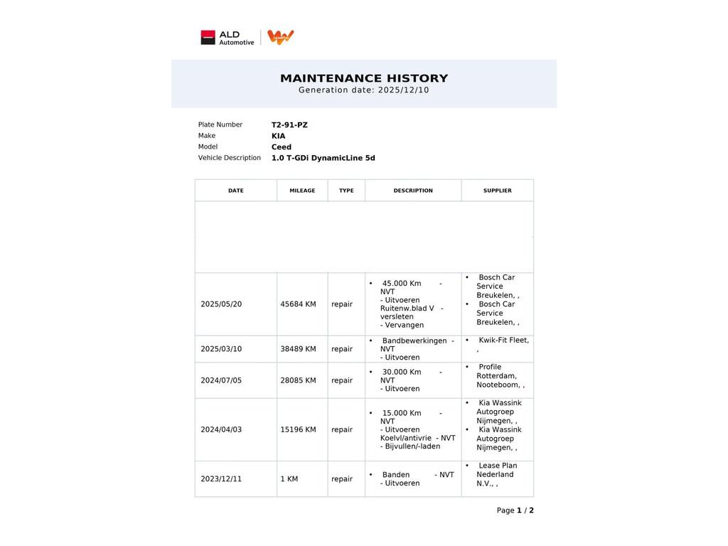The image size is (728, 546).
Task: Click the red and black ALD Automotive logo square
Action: (208, 38)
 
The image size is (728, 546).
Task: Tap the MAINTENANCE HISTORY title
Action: (364, 78)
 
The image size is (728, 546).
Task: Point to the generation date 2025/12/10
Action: (403, 90)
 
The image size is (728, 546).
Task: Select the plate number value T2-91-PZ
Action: (289, 125)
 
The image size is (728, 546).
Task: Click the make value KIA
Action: (278, 136)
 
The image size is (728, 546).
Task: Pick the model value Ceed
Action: (281, 147)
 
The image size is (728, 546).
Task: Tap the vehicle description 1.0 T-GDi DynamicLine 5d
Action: (323, 159)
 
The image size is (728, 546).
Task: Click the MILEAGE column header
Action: (302, 191)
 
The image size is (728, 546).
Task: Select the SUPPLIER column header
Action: (497, 191)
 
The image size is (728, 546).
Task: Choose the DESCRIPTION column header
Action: (413, 191)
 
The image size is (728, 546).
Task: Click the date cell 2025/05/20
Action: (221, 304)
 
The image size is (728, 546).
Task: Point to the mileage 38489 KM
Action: (298, 349)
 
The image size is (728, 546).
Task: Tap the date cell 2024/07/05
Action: (221, 380)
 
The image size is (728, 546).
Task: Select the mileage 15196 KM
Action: (298, 429)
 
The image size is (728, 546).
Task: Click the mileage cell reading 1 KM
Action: (288, 479)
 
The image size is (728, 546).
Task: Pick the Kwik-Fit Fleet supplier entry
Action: (503, 341)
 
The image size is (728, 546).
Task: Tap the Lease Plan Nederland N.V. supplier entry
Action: (496, 474)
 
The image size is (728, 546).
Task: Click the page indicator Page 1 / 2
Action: (515, 510)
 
